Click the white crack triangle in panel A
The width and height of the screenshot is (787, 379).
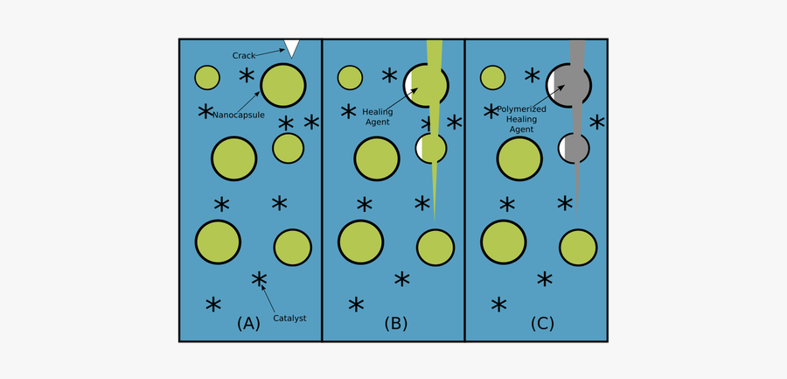coord(291,47)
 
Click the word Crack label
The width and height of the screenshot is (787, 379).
coord(244,56)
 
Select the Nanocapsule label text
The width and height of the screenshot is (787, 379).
coord(239,115)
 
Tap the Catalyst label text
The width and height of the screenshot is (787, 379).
coord(289,318)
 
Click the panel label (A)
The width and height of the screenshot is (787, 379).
coord(248,323)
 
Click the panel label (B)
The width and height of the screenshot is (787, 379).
coord(396,323)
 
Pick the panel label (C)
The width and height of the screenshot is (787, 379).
coord(542,323)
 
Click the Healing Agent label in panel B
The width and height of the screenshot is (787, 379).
coord(377,117)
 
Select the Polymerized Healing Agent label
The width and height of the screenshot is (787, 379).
coord(521,118)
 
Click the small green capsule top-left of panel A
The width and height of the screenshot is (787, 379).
coord(207,77)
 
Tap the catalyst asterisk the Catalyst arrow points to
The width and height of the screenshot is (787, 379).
coord(259,280)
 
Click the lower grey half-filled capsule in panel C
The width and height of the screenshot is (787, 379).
coord(575,147)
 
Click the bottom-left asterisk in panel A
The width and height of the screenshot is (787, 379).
coord(213,305)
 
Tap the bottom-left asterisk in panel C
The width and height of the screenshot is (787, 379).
coord(498,305)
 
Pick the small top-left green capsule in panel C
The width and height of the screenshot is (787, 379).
coord(493,77)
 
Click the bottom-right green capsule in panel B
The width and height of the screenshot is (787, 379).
coord(435,248)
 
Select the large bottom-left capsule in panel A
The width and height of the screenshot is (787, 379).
coord(218,242)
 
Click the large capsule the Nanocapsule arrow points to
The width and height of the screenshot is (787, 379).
coord(283,85)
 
